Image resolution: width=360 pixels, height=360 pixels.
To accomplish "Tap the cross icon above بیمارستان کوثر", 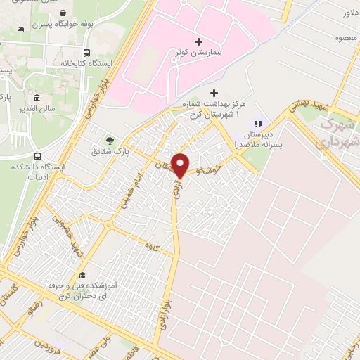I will (x=199, y=42).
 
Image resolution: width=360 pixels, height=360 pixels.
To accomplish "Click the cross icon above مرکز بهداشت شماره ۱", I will (x=214, y=93).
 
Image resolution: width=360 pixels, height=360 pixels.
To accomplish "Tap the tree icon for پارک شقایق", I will (x=108, y=140).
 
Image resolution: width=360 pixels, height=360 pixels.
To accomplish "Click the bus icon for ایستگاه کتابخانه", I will (x=86, y=53).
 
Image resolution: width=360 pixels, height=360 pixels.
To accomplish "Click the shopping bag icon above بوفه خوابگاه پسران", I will (x=64, y=13).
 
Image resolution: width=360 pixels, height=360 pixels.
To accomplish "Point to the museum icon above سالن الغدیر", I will (x=35, y=98).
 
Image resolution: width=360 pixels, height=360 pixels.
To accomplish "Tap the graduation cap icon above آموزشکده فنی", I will (x=83, y=275).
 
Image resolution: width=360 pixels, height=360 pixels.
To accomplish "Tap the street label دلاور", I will (x=350, y=13).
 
